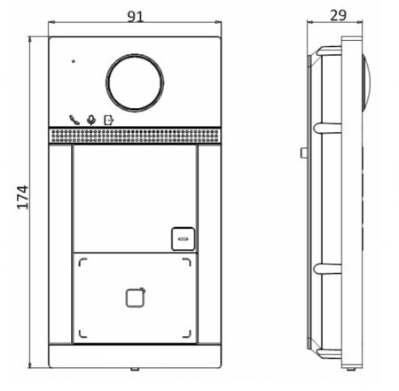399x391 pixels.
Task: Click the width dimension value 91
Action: click(x=135, y=17)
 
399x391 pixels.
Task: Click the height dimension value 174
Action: click(x=23, y=198)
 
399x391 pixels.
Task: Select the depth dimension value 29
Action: click(x=338, y=15)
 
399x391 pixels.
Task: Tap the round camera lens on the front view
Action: click(x=135, y=82)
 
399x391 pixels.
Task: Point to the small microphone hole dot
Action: click(x=74, y=61)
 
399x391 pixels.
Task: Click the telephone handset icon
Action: click(x=74, y=120)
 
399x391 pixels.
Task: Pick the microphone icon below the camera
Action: click(x=91, y=120)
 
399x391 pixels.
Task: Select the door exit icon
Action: click(x=109, y=120)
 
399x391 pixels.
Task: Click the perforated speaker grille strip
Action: click(x=135, y=136)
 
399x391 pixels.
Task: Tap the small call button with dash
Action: click(x=184, y=239)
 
